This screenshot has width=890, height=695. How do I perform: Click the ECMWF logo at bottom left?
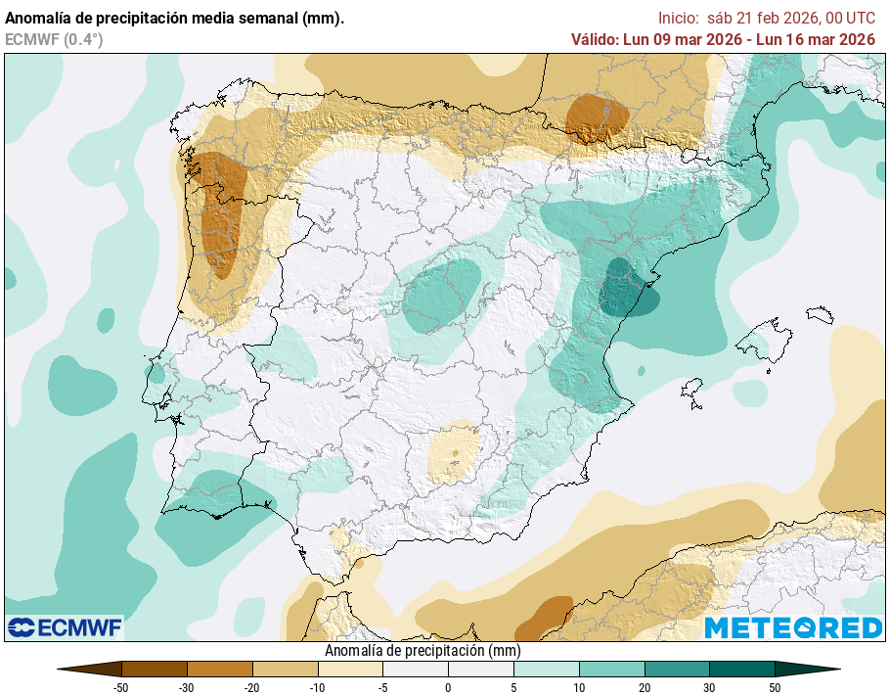(65, 627)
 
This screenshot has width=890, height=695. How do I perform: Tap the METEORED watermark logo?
(793, 627)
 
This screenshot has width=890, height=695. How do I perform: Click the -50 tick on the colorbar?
(121, 687)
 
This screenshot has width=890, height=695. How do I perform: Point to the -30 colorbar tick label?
(186, 687)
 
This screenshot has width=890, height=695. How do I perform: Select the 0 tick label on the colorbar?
(448, 687)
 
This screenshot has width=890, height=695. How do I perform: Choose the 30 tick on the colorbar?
(709, 687)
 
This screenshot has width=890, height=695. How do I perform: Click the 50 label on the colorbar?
(775, 687)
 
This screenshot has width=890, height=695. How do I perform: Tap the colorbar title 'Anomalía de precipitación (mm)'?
(422, 650)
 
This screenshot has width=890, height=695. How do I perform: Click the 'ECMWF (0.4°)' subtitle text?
(54, 39)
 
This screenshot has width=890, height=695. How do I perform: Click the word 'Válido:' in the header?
(594, 39)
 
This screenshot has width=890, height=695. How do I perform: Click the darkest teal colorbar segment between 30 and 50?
(741, 670)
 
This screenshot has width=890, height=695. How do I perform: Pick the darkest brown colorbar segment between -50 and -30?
(154, 670)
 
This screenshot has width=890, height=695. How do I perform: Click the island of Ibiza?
(692, 394)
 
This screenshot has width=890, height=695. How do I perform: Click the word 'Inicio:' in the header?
(679, 18)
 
